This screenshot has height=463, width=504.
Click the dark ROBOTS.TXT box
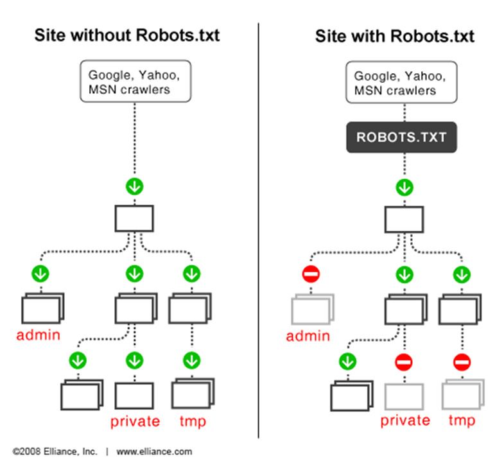point(401,137)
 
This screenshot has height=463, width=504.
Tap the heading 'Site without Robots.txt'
point(127,35)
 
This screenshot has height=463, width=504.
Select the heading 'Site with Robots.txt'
point(395,36)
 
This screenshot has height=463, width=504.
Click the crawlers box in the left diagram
point(135,82)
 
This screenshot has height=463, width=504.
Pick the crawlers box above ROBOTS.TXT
point(401,82)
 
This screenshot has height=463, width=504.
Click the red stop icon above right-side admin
point(311,274)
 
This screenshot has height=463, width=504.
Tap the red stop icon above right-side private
point(404,362)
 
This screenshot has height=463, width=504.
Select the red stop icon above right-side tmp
point(462,362)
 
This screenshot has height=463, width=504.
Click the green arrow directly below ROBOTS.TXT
point(404,188)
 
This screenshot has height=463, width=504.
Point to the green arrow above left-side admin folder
point(40,274)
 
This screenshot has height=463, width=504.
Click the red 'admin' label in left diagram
point(39,335)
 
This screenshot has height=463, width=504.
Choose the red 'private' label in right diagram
point(405,421)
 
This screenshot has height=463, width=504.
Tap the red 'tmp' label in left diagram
point(193,421)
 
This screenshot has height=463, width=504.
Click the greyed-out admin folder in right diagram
point(313,310)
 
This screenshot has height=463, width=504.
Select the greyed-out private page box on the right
point(404,396)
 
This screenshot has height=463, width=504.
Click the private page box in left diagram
point(134,396)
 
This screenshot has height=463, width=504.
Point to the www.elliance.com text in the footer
point(154,451)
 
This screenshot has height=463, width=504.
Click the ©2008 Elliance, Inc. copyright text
point(55,451)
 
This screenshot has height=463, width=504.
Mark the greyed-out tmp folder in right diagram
point(463,394)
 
